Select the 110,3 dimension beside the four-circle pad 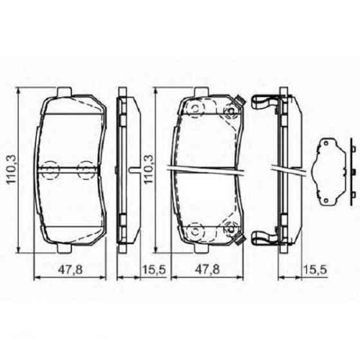149,169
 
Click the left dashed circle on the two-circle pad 50,169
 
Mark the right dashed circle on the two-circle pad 84,169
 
